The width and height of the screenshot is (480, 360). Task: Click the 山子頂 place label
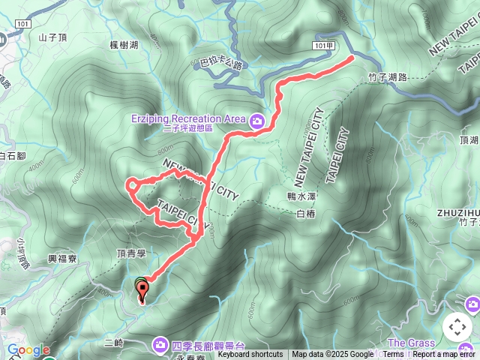(x=52, y=37)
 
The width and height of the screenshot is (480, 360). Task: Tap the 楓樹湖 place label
(x=123, y=45)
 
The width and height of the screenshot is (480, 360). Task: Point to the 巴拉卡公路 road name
(x=223, y=65)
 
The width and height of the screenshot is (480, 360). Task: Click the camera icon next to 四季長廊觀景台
(x=160, y=344)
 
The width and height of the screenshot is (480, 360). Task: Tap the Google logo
(x=28, y=350)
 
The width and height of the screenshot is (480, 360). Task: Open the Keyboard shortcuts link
(x=250, y=355)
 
